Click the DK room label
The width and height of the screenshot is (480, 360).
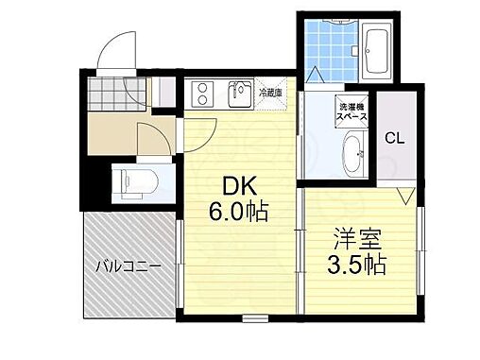(238, 187)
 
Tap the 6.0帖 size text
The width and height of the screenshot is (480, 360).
(238, 212)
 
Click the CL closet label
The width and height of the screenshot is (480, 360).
(394, 137)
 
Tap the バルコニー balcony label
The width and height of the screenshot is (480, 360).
(127, 266)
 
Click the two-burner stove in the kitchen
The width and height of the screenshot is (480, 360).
(204, 92)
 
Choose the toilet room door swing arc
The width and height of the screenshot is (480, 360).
(151, 140)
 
